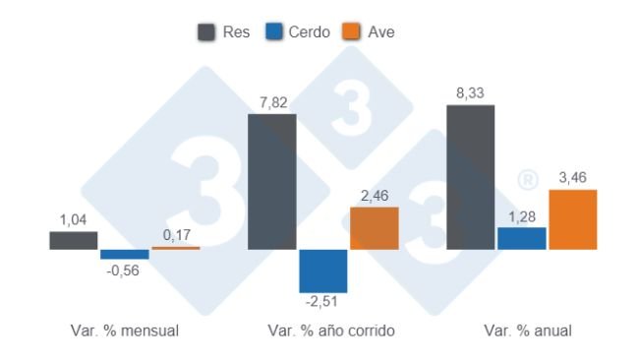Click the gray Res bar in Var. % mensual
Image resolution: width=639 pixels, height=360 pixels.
coord(74,240)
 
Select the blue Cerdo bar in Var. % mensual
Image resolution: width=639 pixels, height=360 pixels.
coord(125,254)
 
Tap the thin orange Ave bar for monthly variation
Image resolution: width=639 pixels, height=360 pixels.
coord(175,248)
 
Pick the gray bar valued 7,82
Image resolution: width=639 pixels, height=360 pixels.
coord(272,182)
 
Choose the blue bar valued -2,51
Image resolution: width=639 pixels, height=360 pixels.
coord(323,270)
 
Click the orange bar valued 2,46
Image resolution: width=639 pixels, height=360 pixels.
coord(375,228)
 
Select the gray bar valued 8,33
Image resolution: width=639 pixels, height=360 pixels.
coord(471,177)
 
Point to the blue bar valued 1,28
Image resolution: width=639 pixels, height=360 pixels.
coord(522,238)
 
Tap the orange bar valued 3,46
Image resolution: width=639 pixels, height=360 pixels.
coord(573,219)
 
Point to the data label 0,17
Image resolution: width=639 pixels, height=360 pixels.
coord(176,236)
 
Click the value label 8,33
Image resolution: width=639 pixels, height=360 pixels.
coord(471,93)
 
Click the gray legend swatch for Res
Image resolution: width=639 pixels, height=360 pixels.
coord(207,31)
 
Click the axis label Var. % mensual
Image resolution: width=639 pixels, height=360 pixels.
coord(125,330)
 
